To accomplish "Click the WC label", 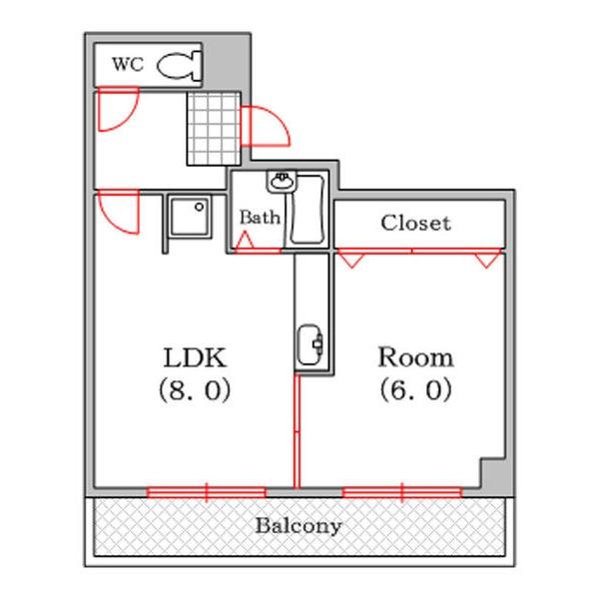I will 127,65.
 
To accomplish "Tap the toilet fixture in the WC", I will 180,65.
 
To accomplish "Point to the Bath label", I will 260,217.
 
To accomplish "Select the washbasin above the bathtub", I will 282,183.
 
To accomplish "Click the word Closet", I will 415,223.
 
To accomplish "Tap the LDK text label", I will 197,357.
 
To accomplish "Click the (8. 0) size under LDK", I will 196,390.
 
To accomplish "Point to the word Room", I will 414,357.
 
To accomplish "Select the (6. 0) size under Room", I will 414,390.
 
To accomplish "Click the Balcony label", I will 298,525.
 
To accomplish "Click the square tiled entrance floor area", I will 214,128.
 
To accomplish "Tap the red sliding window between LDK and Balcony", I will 207,491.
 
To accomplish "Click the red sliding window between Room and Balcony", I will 402,491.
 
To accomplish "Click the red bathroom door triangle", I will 244,242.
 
